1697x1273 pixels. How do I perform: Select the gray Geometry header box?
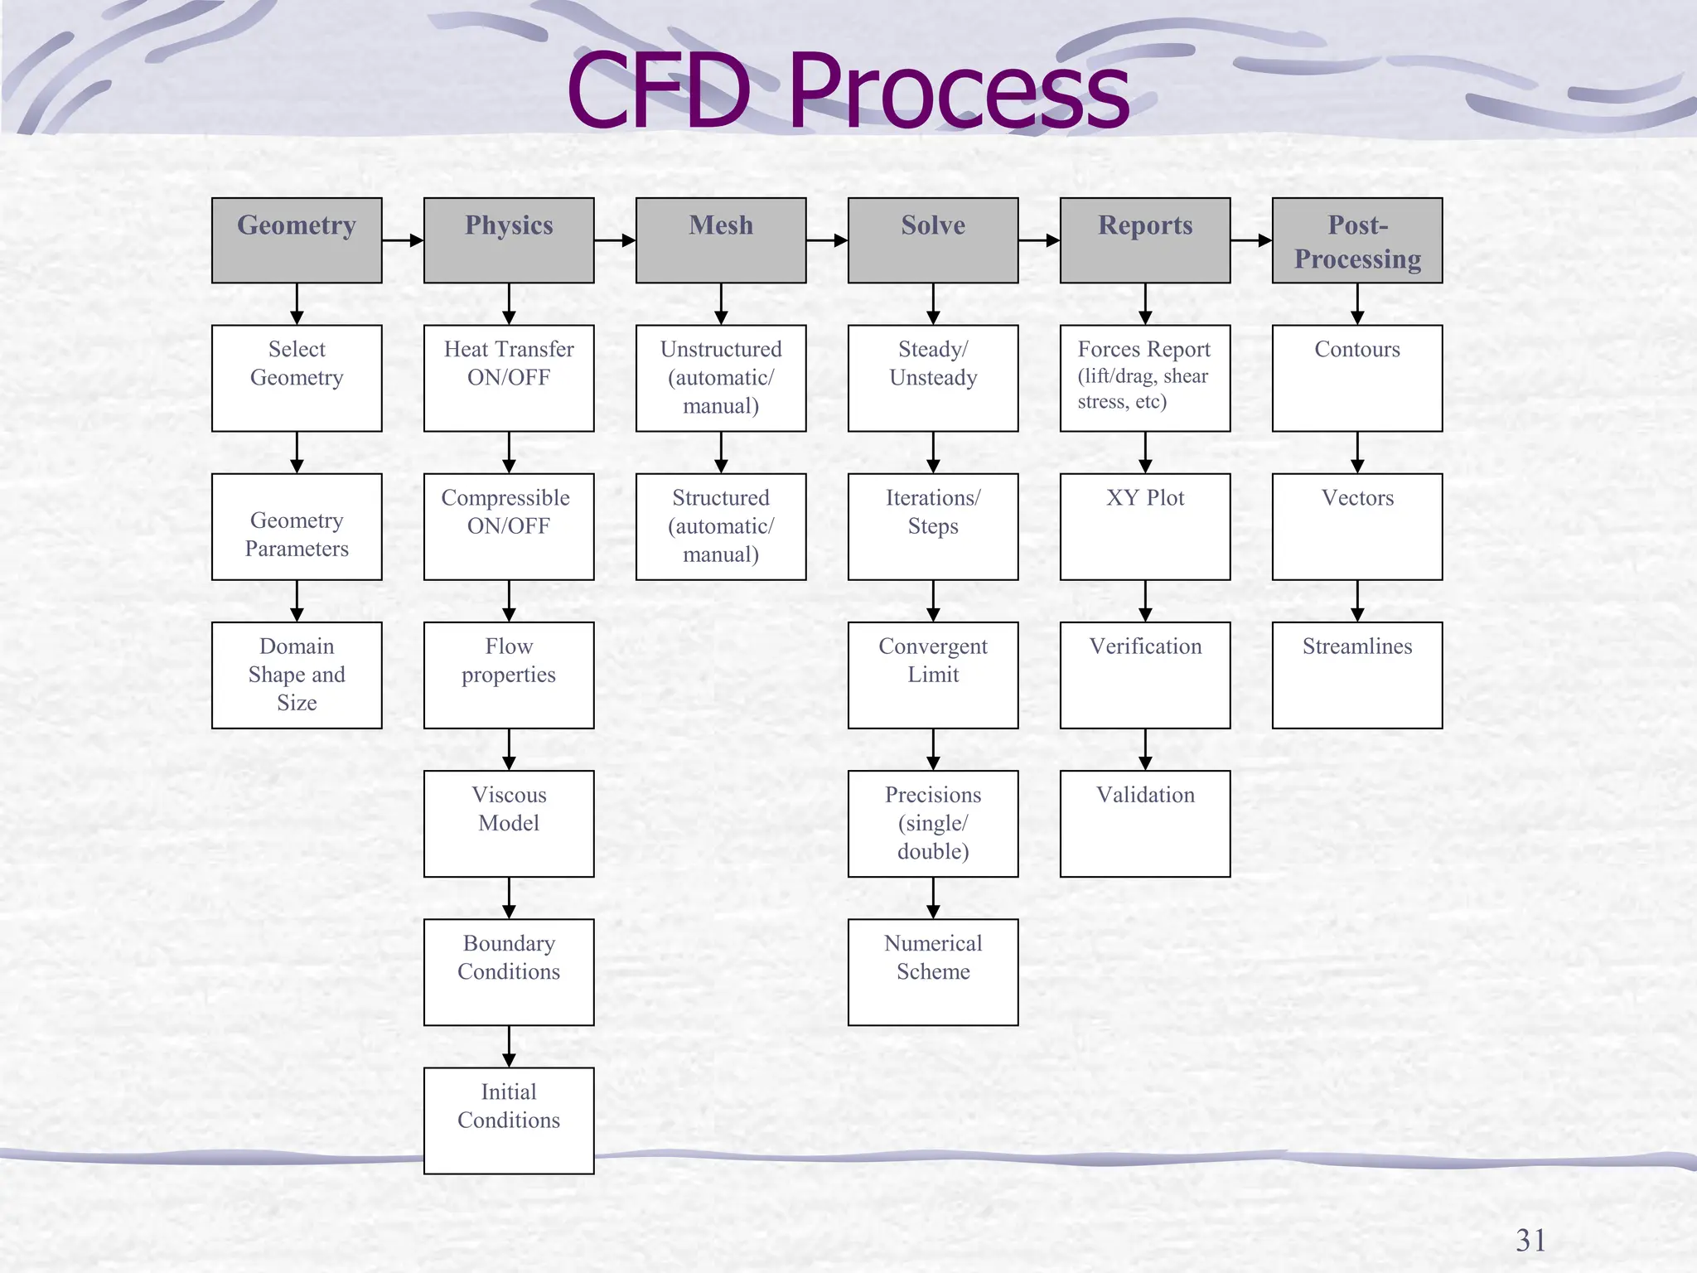point(297,240)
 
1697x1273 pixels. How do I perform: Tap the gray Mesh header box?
point(721,240)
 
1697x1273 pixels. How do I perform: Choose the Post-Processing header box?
point(1357,240)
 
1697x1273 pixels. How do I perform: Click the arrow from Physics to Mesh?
point(615,241)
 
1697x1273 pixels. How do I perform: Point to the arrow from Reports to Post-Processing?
point(1251,241)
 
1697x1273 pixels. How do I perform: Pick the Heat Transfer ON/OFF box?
point(509,378)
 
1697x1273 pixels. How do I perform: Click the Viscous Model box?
point(509,824)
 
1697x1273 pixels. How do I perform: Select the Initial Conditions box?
point(509,1121)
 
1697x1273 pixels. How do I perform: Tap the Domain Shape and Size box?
point(297,675)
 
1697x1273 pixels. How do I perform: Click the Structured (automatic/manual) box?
point(721,527)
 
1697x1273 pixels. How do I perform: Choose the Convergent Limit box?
point(933,675)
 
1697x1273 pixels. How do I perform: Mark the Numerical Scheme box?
point(933,972)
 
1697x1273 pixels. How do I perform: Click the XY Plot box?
point(1145,527)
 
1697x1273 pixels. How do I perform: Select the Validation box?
point(1145,824)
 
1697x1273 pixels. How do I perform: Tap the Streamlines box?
point(1357,675)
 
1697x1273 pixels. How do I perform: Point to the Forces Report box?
point(1145,378)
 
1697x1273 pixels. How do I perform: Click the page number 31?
point(1530,1241)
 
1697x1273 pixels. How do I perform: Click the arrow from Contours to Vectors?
point(1357,453)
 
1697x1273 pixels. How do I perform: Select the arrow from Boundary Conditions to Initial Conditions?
point(509,1047)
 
